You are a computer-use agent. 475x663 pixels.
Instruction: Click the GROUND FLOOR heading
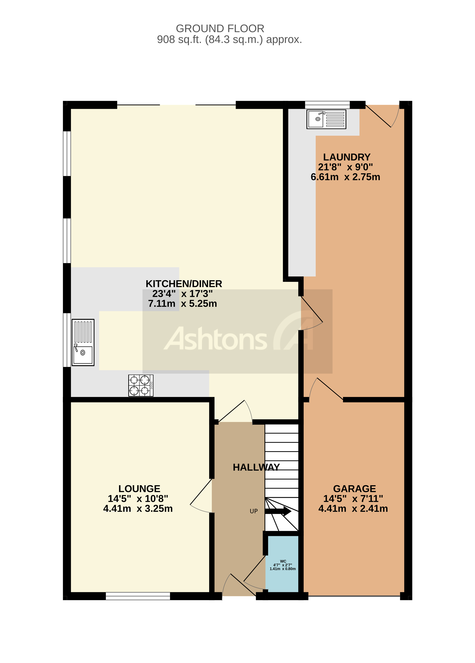click(220, 29)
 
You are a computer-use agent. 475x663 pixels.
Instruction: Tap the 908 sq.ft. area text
click(229, 39)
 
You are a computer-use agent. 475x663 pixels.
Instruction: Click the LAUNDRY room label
click(347, 157)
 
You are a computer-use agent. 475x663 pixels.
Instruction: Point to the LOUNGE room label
click(139, 489)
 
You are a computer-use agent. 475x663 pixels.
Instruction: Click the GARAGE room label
click(354, 489)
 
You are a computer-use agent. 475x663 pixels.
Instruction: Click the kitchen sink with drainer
click(83, 342)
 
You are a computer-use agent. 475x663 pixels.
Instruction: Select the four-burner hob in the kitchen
click(141, 386)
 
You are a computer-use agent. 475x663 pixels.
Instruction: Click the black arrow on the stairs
click(278, 511)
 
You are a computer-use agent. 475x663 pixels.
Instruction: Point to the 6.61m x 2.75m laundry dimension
click(345, 177)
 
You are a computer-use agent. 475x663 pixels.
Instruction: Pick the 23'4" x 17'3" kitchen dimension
click(182, 294)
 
